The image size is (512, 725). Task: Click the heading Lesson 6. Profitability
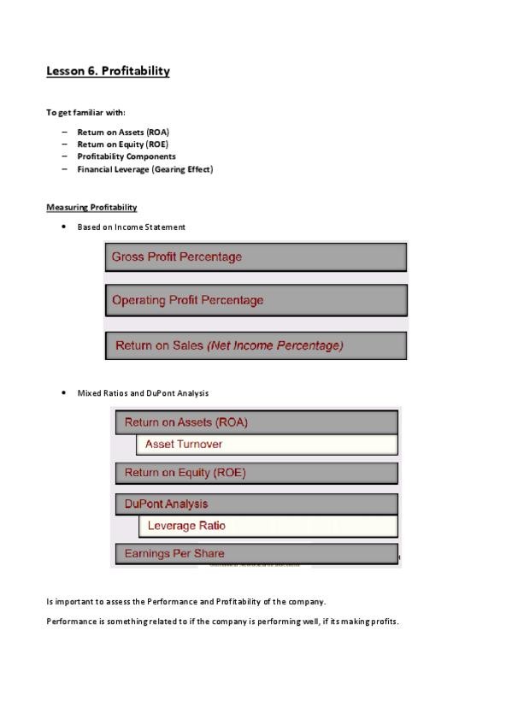pyautogui.click(x=108, y=71)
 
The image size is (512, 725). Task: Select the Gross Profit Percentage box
pyautogui.click(x=256, y=256)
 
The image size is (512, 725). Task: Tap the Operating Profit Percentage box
pyautogui.click(x=256, y=300)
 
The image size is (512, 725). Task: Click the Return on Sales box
pyautogui.click(x=256, y=345)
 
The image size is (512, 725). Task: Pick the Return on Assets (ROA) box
pyautogui.click(x=256, y=422)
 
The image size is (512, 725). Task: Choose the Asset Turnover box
pyautogui.click(x=267, y=445)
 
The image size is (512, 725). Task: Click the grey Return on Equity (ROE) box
pyautogui.click(x=256, y=473)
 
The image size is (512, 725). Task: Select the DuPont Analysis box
pyautogui.click(x=256, y=504)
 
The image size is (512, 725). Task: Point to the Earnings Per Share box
pyautogui.click(x=256, y=553)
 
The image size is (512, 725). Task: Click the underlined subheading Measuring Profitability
pyautogui.click(x=91, y=208)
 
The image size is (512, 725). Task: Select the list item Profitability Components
pyautogui.click(x=127, y=156)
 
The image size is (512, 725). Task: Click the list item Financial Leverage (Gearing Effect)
pyautogui.click(x=144, y=169)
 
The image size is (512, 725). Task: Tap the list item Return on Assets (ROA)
pyautogui.click(x=123, y=133)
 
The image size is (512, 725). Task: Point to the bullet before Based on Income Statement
pyautogui.click(x=64, y=227)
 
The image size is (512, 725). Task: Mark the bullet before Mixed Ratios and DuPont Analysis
pyautogui.click(x=64, y=393)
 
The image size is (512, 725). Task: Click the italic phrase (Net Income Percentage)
pyautogui.click(x=275, y=345)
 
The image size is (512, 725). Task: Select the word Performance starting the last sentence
pyautogui.click(x=68, y=622)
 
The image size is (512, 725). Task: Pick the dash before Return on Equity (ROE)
pyautogui.click(x=64, y=144)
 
